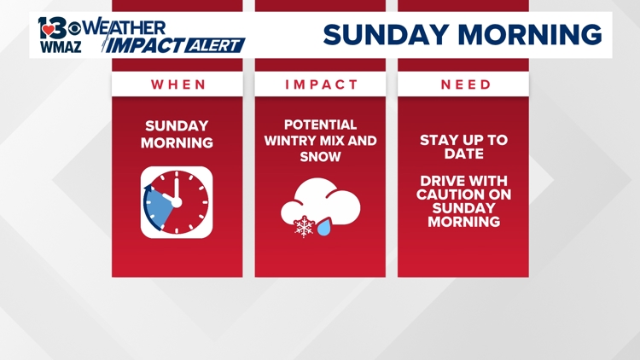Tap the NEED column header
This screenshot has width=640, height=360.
466,84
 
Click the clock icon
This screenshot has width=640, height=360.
177,202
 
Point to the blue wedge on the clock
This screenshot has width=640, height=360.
158,206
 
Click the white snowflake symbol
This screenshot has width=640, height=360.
305,227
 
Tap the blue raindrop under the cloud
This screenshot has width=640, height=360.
324,228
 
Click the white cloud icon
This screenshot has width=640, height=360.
321,202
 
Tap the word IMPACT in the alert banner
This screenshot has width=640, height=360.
145,46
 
